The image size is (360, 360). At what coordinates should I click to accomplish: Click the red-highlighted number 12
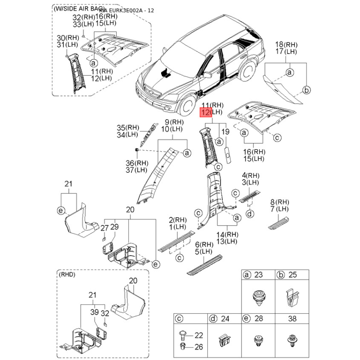coord(205,112)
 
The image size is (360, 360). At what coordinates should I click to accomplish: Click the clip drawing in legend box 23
coord(258,297)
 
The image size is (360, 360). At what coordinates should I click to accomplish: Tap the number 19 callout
coord(225,132)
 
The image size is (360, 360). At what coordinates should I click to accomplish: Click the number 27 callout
coord(104,228)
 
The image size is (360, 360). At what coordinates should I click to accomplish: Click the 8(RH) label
coord(283,202)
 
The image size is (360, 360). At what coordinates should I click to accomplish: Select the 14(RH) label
coord(228,235)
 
